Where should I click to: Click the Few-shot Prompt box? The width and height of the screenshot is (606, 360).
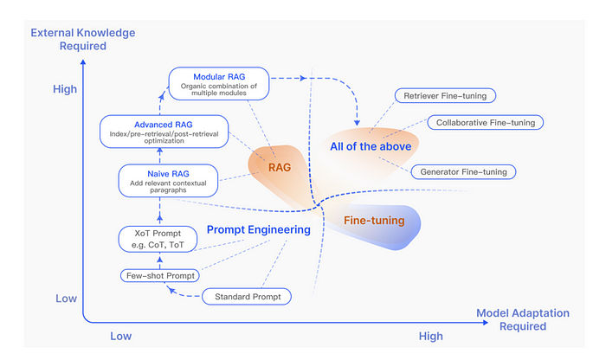click(x=159, y=275)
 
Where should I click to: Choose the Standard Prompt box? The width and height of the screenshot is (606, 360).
click(x=247, y=297)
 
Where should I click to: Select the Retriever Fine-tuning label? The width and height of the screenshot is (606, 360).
click(x=444, y=95)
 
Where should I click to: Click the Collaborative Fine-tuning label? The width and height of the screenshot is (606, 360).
click(x=485, y=122)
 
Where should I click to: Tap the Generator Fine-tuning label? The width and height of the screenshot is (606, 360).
click(x=463, y=171)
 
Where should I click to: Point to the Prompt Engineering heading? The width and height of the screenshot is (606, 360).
click(x=258, y=229)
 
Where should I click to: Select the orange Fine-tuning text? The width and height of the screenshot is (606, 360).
click(x=375, y=221)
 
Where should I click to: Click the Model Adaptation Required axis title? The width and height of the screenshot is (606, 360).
click(x=523, y=319)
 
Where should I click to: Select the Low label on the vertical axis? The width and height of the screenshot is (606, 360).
click(x=67, y=298)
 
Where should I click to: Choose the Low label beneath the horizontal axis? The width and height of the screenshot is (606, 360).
click(x=122, y=336)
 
